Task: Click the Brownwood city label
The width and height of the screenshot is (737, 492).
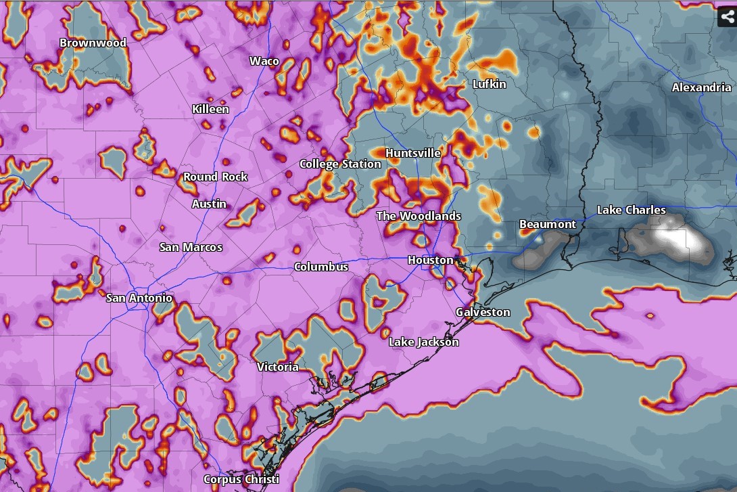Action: point(93,43)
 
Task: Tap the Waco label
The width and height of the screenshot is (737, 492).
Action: point(264,61)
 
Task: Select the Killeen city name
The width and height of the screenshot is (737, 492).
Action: point(210,109)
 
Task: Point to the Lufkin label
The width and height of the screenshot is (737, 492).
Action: point(489,84)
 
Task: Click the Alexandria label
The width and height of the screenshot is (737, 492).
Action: point(701,87)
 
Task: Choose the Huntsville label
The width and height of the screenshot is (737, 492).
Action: point(412,153)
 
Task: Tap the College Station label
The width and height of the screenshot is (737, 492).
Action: point(340,164)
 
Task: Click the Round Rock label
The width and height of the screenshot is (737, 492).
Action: point(216,177)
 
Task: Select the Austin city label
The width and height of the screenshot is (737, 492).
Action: point(209,204)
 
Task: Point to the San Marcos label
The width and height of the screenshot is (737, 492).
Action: point(191,247)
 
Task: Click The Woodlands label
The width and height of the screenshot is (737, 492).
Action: point(419,216)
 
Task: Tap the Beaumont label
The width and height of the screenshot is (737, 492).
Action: point(548,224)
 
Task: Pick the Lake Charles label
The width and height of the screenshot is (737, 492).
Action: point(631,210)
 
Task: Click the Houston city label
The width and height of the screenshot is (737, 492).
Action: point(430,260)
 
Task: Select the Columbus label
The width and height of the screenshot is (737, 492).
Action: point(320,267)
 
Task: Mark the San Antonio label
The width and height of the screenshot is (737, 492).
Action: point(139,298)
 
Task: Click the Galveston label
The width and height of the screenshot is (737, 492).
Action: point(483,312)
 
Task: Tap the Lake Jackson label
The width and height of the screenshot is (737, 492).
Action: point(423,342)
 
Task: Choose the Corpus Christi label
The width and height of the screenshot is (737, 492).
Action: point(241,479)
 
